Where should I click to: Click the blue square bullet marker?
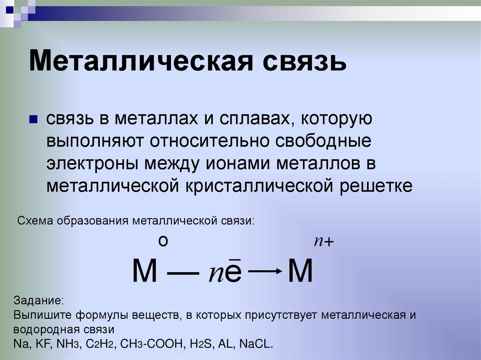click(x=33, y=120)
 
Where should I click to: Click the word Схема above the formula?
click(x=37, y=221)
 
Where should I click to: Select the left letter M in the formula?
click(x=145, y=272)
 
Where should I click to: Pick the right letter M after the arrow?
click(x=300, y=272)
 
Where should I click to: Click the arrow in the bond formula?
click(x=265, y=271)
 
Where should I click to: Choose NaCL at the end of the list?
click(x=256, y=343)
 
